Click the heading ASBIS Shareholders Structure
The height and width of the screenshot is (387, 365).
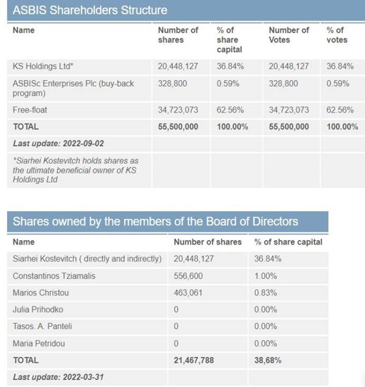(90, 10)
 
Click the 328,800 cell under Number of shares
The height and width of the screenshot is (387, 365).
(172, 84)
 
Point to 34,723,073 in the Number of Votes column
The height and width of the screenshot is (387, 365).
(289, 110)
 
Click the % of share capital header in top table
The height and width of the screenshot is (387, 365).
(229, 39)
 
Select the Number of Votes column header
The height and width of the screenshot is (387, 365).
(289, 35)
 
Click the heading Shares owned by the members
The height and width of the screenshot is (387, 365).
(155, 221)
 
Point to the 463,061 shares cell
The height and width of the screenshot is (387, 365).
(188, 293)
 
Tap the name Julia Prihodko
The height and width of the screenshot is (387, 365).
(38, 309)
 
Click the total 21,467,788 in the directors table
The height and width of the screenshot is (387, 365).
(194, 360)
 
